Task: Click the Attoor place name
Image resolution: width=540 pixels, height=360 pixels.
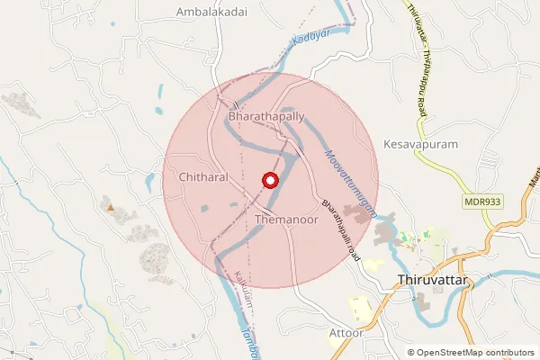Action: (346, 332)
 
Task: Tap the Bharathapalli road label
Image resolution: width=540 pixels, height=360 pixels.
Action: (340, 229)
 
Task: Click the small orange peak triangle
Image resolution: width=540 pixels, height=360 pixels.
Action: (111, 208)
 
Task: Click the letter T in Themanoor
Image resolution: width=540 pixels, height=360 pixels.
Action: (258, 219)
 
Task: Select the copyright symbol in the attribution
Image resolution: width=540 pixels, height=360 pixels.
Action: (411, 353)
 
